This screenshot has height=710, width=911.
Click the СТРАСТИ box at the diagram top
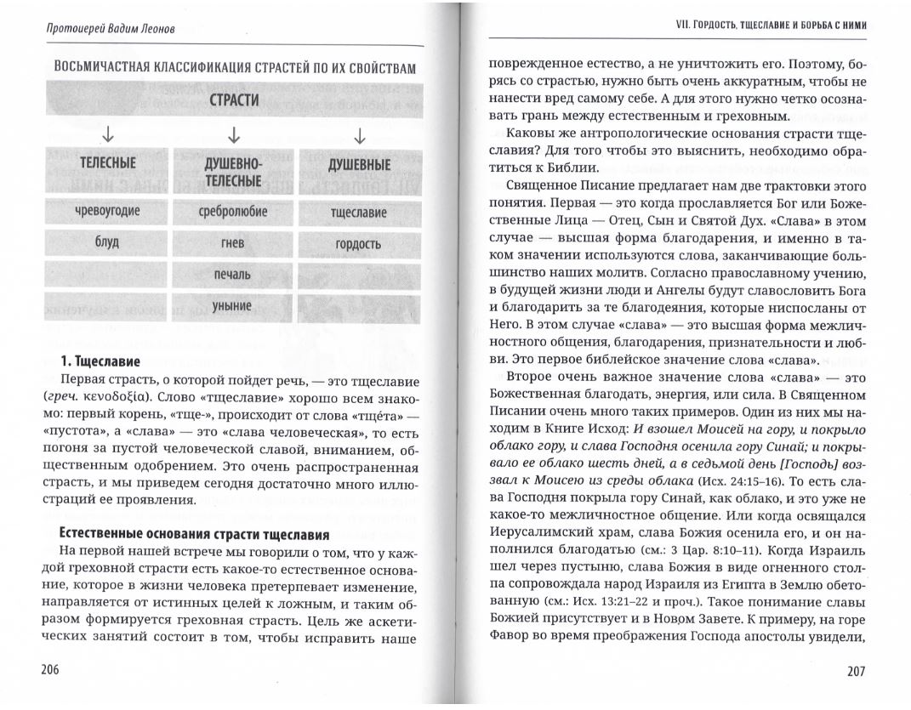(233, 100)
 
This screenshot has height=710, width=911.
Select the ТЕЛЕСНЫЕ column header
(107, 163)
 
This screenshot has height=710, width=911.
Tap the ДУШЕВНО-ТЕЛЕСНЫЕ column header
(233, 171)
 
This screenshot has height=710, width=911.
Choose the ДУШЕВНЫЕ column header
(359, 164)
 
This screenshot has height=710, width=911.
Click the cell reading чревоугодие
(107, 211)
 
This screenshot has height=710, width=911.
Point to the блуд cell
(107, 242)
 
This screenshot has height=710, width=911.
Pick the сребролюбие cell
(233, 211)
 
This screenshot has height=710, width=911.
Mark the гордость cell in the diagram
(359, 244)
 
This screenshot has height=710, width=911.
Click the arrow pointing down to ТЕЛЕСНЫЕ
(107, 135)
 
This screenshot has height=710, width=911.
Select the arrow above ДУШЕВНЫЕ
(359, 135)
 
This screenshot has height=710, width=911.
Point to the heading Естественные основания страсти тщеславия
(193, 534)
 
